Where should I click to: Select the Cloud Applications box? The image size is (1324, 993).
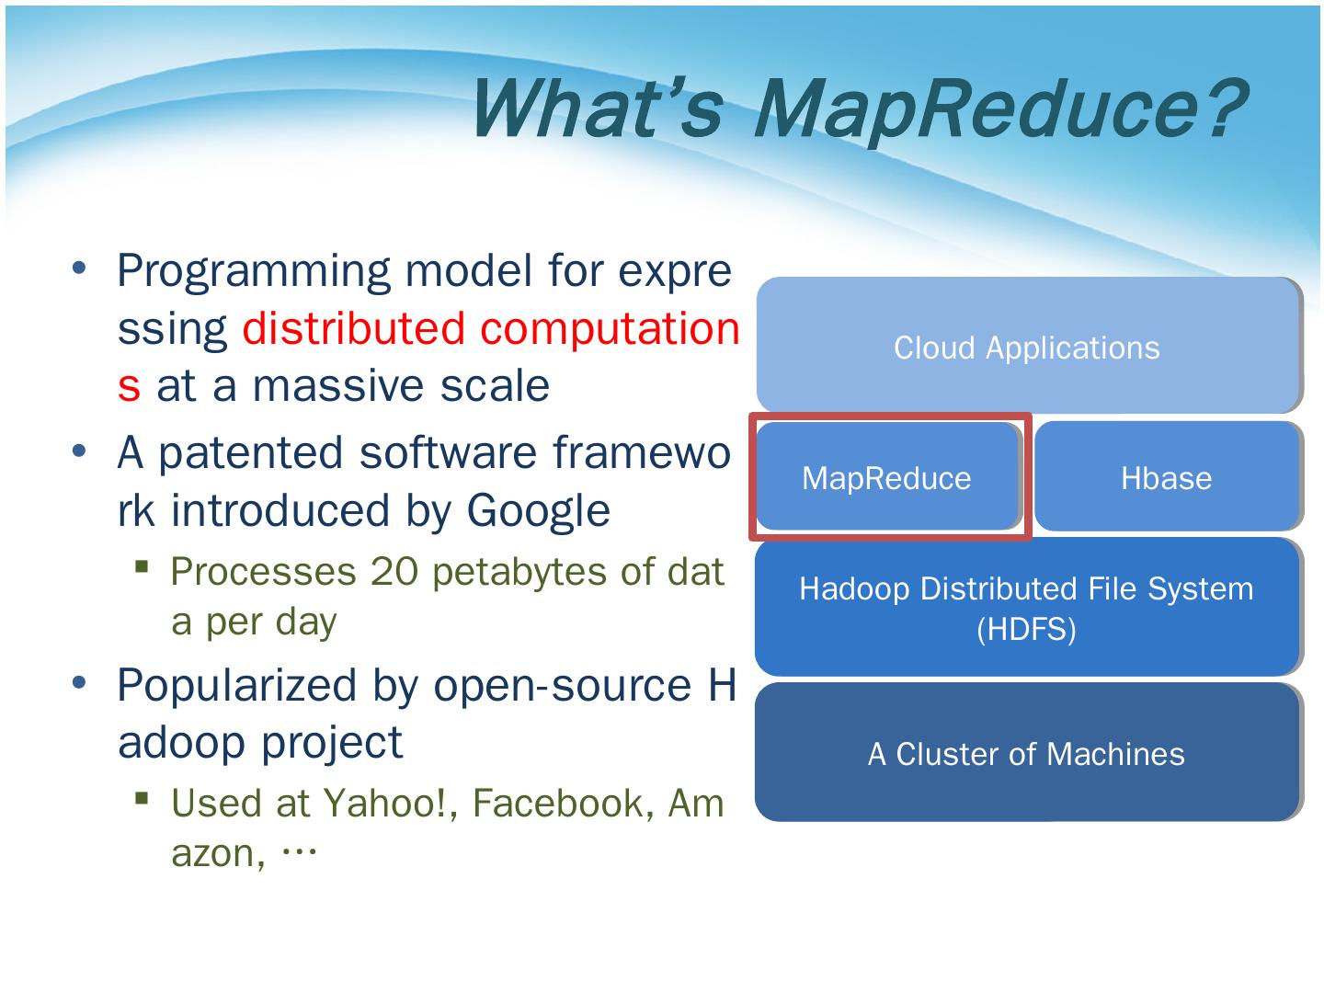click(1027, 348)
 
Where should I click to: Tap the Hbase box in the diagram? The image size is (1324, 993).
click(1166, 478)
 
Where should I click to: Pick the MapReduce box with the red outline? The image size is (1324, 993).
click(887, 478)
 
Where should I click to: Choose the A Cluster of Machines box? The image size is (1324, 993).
click(1026, 754)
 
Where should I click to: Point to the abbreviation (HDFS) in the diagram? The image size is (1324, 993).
click(1026, 630)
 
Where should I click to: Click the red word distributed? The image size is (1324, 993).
click(354, 328)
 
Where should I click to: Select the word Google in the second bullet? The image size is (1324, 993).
click(538, 510)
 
